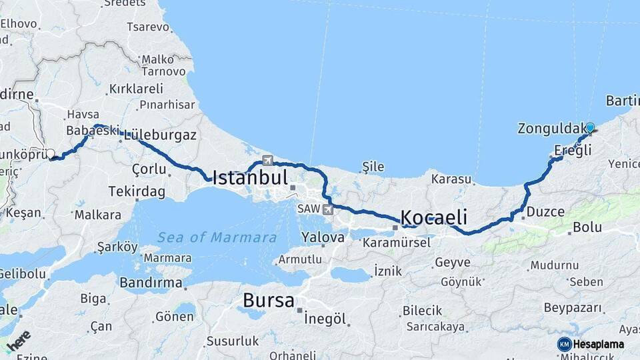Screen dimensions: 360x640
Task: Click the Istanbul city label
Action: point(250,177)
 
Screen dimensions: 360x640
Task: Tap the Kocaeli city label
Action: point(433,217)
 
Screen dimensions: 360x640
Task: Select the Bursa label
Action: point(269,301)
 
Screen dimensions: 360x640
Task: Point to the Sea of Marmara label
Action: point(217,237)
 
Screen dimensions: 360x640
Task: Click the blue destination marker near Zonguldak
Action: point(589,127)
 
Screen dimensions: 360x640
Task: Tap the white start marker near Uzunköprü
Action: point(50,154)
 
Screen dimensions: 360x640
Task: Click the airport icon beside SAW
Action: point(327,209)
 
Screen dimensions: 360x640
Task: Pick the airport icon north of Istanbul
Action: point(268,160)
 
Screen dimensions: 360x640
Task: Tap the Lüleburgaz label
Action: point(160,135)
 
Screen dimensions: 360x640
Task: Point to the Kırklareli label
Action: point(136,89)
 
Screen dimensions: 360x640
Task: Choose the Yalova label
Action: point(323,237)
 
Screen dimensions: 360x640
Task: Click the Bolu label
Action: point(587,227)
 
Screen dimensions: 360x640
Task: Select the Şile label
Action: point(373,166)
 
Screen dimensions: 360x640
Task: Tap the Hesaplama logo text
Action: point(599,345)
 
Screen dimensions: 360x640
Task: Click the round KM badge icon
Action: point(565,344)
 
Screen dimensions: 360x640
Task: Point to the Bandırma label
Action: point(151,283)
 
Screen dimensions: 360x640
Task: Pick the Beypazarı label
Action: point(573,308)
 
